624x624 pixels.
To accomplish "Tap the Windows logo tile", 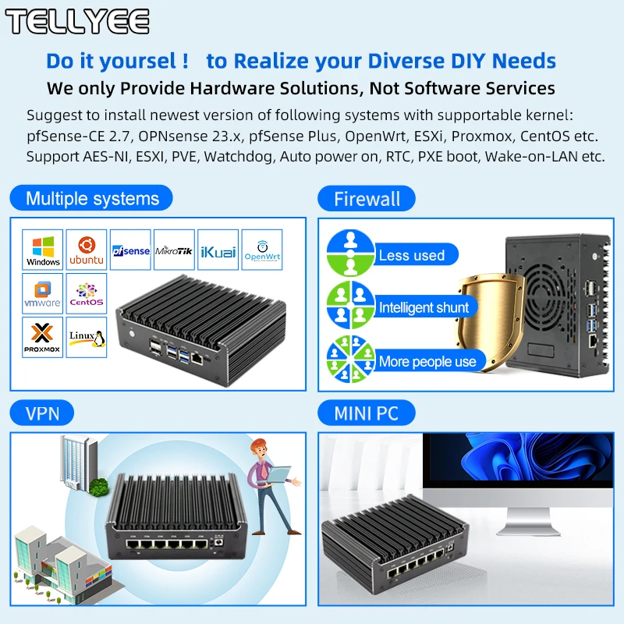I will pos(43,250).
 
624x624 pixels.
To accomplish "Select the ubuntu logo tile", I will pos(87,250).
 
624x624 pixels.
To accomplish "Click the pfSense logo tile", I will pos(130,250).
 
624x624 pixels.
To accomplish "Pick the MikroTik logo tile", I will pos(174,250).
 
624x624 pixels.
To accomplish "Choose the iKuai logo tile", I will pos(218,250).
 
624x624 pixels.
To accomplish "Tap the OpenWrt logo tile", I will pos(261,250).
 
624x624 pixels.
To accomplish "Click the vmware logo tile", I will pos(43,293).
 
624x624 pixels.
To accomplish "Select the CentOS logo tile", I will pos(87,293).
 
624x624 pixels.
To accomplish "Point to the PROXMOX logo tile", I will pos(43,337).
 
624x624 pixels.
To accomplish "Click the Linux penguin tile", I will pos(87,337).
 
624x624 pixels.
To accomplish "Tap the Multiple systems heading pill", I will pos(92,198).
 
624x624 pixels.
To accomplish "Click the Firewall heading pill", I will pos(367,198).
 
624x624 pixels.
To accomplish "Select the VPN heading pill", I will pos(43,412).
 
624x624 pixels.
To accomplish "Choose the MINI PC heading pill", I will pos(367,412).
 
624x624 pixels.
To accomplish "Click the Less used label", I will pos(412,255).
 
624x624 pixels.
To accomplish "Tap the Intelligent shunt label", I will pos(424,307).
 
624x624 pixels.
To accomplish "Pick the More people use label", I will pos(427,361).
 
